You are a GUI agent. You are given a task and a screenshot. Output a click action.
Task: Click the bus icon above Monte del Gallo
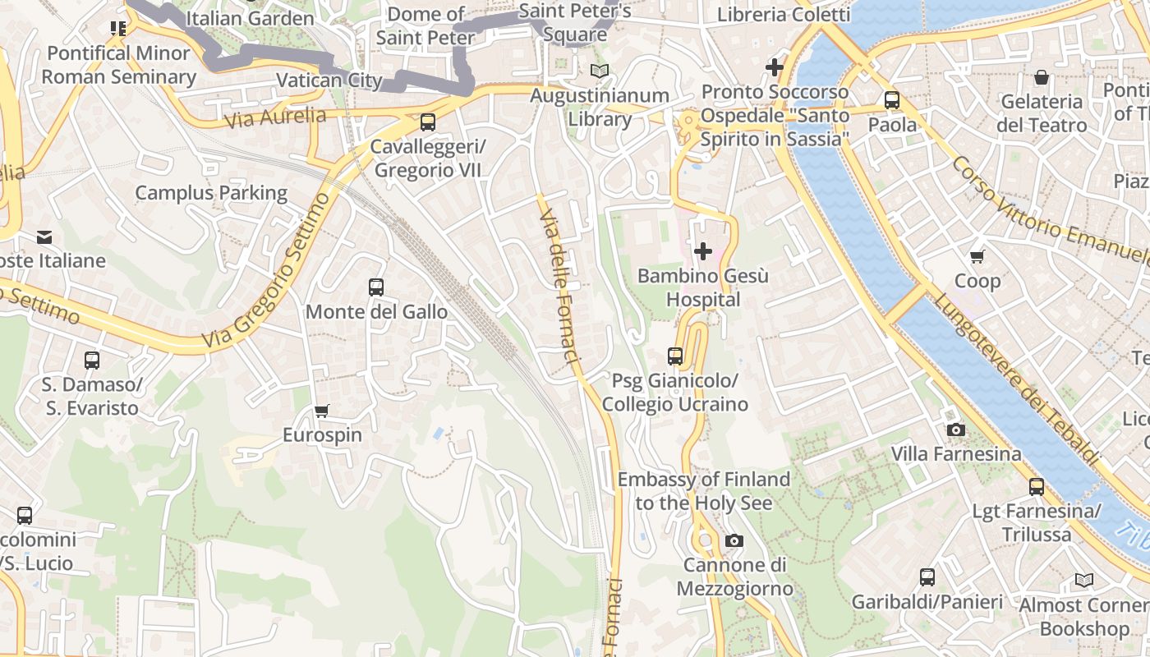click(376, 287)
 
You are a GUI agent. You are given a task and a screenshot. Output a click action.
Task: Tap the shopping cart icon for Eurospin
click(322, 411)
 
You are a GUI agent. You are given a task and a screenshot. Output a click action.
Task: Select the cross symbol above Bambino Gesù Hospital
click(703, 251)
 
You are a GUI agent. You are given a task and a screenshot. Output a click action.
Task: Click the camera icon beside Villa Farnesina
click(955, 430)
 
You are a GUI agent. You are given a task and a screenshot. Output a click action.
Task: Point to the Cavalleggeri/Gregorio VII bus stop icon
click(427, 122)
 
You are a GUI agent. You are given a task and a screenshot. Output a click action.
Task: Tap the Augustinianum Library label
click(600, 108)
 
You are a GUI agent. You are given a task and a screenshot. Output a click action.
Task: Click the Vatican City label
click(329, 80)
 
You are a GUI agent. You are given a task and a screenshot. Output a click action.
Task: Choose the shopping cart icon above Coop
click(977, 256)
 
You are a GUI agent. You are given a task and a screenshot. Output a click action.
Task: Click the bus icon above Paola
click(892, 100)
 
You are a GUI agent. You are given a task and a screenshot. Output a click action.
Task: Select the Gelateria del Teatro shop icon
click(1042, 78)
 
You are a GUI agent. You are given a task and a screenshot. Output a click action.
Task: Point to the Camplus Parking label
click(211, 193)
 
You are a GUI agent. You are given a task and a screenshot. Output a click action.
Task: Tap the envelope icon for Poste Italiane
click(44, 237)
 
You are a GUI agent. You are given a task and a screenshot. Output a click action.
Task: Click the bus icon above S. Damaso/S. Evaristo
click(92, 360)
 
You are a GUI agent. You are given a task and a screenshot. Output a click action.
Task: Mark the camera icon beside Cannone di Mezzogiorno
click(734, 540)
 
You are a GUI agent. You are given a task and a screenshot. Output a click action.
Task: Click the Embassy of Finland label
click(704, 490)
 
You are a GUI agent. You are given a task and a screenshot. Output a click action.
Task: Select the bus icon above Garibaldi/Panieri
click(927, 577)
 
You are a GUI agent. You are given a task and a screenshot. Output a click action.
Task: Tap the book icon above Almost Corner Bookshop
click(1084, 581)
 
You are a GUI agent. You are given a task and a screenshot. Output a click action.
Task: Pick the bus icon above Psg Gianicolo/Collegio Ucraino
click(675, 356)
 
